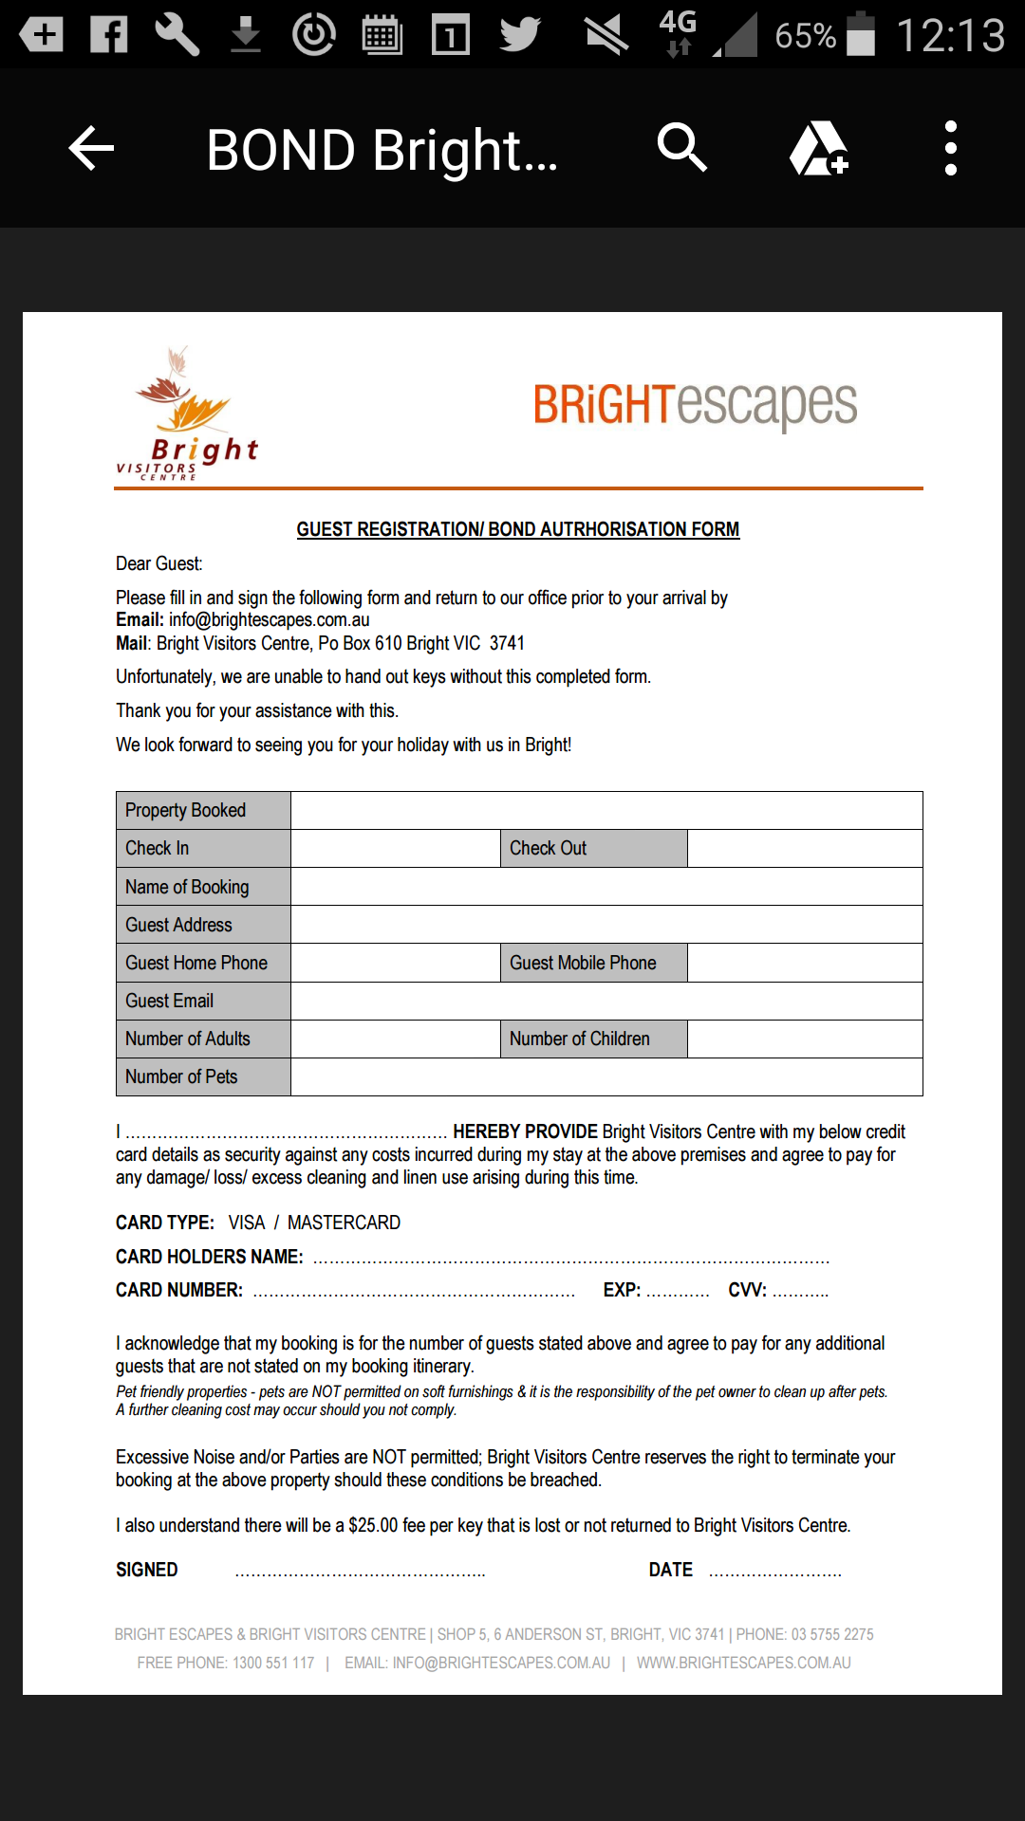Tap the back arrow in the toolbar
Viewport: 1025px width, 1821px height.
coord(91,149)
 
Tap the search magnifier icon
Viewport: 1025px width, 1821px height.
coord(681,148)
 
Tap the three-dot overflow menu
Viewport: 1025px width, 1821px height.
coord(950,148)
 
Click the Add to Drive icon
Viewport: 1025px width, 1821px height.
coord(818,149)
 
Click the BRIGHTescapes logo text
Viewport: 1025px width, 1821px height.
coord(695,405)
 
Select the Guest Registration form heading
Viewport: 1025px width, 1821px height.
coord(517,529)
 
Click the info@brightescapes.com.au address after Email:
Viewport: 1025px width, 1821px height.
coord(270,620)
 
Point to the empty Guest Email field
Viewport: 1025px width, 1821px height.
coord(606,1001)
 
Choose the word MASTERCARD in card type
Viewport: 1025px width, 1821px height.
coord(344,1223)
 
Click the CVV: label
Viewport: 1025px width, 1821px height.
coord(748,1290)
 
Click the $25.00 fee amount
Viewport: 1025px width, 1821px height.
coord(373,1525)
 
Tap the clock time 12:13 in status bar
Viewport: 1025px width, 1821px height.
coord(950,36)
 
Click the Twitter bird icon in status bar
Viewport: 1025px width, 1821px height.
coord(520,35)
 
